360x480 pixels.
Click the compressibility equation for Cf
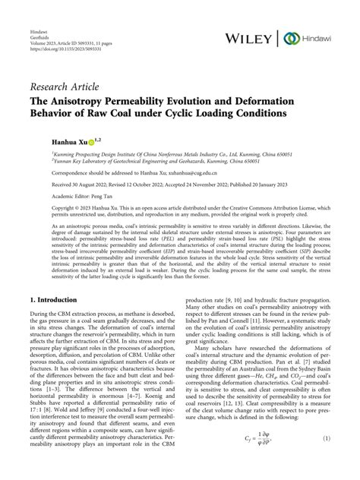[258, 459]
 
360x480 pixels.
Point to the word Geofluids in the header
[39, 30]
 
